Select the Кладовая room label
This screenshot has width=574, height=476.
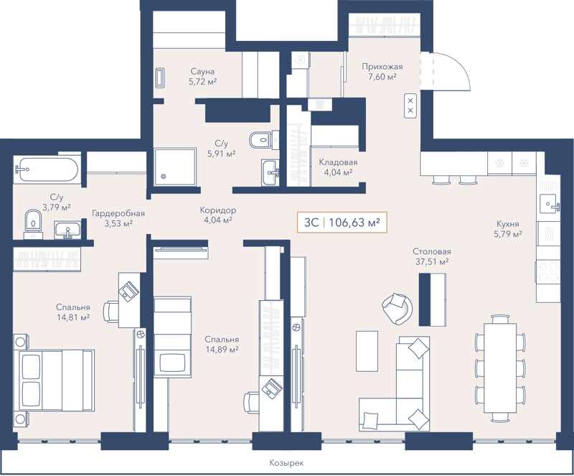pos(338,167)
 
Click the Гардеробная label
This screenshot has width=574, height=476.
pos(118,218)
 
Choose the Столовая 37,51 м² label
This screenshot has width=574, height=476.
pos(431,256)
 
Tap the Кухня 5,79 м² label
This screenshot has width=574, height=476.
pos(507,228)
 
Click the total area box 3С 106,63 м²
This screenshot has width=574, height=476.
pos(342,223)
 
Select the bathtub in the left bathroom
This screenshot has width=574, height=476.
pos(44,170)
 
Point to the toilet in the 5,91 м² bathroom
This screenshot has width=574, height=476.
pos(259,139)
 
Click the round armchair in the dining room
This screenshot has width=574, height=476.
pos(397,307)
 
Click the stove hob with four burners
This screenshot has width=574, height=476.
pos(547,272)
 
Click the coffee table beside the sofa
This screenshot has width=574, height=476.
pos(367,350)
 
